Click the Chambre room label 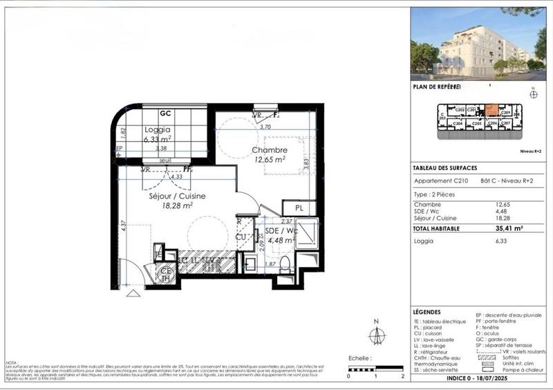click(269, 151)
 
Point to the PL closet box click(299, 207)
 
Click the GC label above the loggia click(166, 113)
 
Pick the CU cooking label click(241, 237)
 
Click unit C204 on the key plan click(458, 124)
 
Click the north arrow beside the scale click(377, 335)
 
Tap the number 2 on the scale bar click(402, 376)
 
